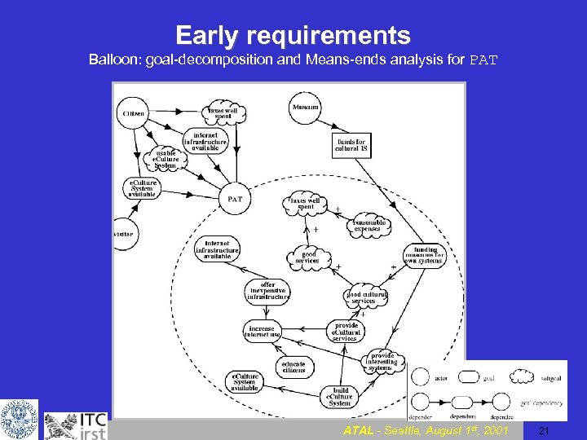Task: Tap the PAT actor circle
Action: (x=235, y=198)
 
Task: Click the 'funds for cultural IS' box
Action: (x=351, y=145)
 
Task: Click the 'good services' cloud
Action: (x=309, y=257)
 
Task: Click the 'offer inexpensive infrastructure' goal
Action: (x=268, y=291)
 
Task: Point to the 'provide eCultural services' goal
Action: (x=345, y=332)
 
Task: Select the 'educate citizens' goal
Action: (x=293, y=366)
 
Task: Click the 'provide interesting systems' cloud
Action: (x=382, y=361)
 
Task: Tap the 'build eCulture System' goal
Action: (x=339, y=396)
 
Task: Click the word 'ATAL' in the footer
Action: (x=359, y=430)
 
